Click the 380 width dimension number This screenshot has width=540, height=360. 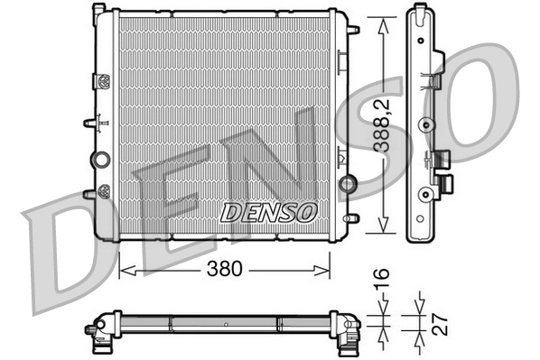pos(225,268)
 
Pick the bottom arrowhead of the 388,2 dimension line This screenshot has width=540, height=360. pos(386,233)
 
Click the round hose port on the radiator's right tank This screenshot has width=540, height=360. pos(347,185)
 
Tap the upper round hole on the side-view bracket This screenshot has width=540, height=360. pos(423,124)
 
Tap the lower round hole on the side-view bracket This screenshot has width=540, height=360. pos(423,191)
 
